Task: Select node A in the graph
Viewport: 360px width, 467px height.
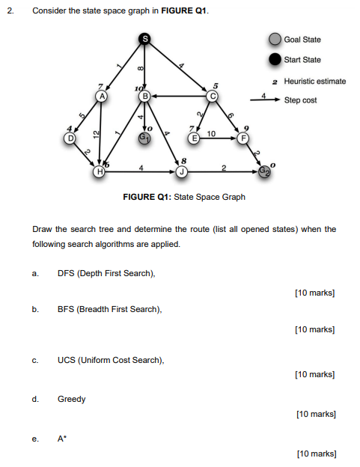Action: coord(103,96)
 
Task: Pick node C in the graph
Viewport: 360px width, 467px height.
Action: coord(213,96)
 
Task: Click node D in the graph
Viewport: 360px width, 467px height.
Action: coord(70,138)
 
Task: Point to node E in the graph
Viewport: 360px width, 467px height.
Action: coord(195,138)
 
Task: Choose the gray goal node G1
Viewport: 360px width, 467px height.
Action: coord(145,138)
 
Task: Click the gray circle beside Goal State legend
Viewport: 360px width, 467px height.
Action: coord(275,40)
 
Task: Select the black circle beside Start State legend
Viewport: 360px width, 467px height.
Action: coord(275,59)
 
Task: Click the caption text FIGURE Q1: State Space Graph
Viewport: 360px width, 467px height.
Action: coord(184,197)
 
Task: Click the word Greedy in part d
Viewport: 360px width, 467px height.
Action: coord(72,399)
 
